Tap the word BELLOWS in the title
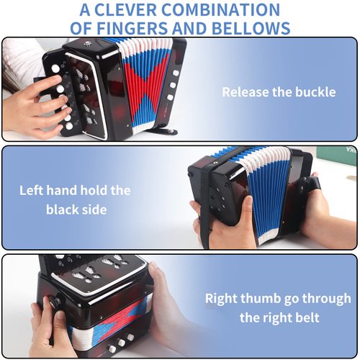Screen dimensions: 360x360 (x=249, y=28)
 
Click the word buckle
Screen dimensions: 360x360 (x=315, y=92)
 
